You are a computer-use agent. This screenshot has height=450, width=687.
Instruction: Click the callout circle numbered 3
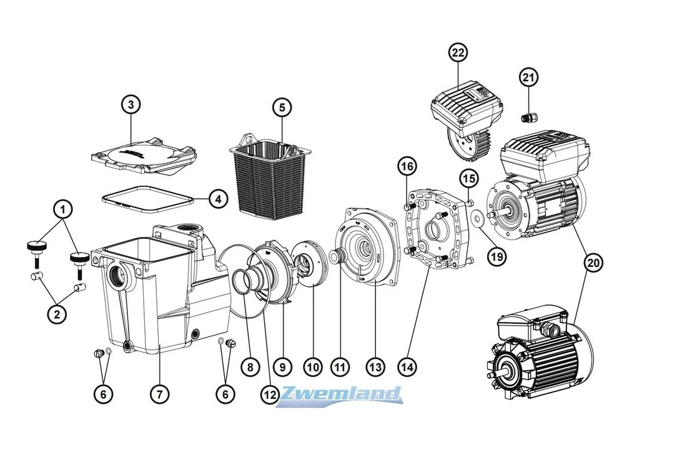click(x=131, y=105)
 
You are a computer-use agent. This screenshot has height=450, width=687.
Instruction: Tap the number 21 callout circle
click(x=528, y=77)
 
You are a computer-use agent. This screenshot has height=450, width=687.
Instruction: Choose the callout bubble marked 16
click(x=407, y=166)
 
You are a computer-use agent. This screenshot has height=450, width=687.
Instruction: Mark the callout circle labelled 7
click(x=159, y=394)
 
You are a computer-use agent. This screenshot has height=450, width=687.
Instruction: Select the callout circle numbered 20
click(x=594, y=263)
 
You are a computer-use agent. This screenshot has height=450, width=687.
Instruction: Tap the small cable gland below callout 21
click(x=526, y=116)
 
